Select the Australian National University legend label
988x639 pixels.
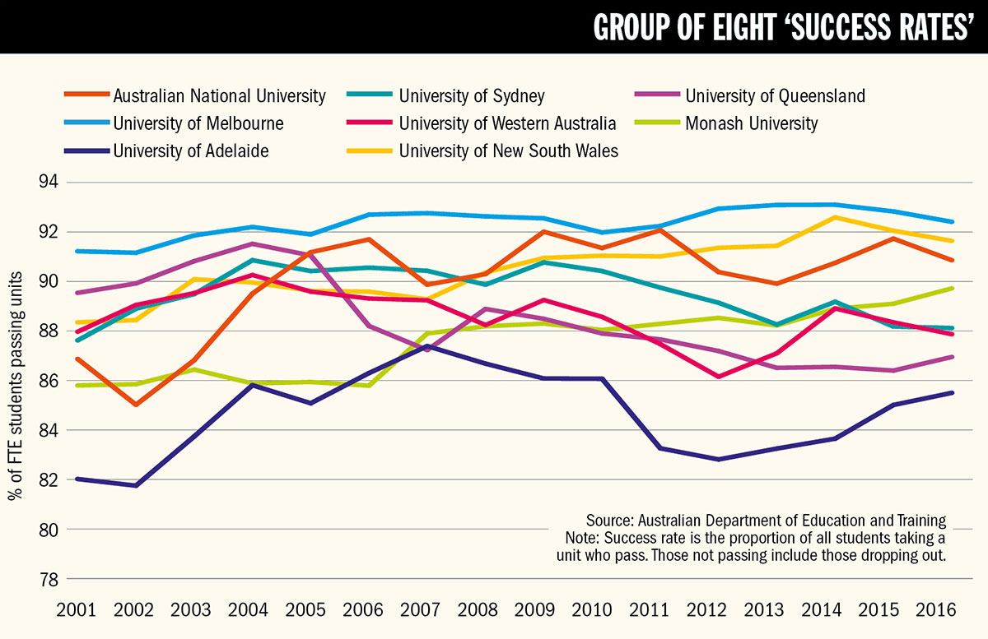click(219, 96)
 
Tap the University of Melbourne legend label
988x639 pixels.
click(198, 123)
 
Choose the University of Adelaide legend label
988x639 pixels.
click(191, 150)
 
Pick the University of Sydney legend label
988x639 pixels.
click(472, 96)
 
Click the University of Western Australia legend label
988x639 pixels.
click(507, 123)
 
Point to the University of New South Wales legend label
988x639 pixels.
click(508, 150)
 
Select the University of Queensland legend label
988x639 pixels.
click(775, 96)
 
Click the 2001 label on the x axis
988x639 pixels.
click(77, 611)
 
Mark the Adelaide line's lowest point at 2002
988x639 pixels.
click(134, 485)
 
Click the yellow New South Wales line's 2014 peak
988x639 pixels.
click(835, 217)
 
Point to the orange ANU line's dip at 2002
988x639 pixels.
click(134, 405)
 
